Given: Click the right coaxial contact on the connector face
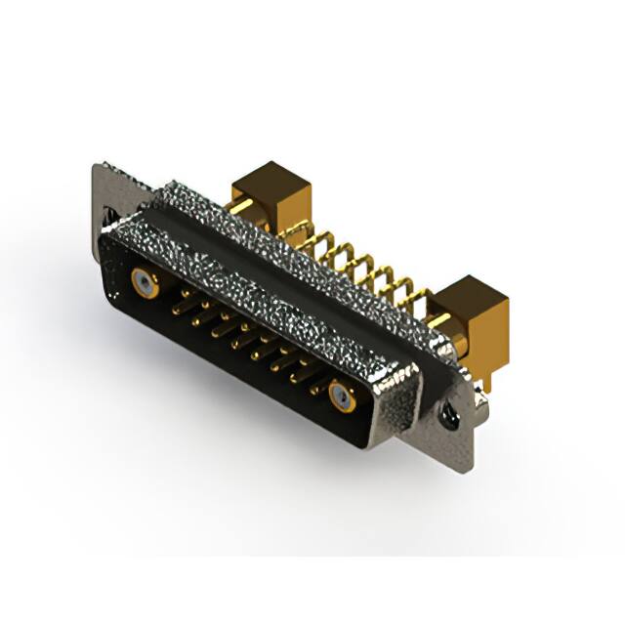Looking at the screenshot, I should (x=341, y=396).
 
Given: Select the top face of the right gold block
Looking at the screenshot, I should (x=472, y=290).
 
